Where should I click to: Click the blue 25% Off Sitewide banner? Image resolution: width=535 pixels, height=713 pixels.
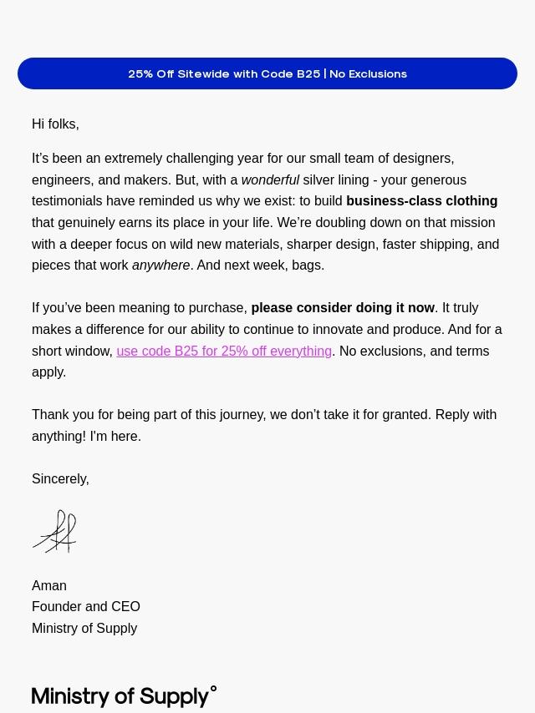(x=267, y=73)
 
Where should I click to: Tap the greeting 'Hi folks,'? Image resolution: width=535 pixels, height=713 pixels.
(x=55, y=124)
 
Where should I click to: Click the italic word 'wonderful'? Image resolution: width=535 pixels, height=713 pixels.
(x=270, y=180)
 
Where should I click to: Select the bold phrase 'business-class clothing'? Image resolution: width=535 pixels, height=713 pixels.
(x=421, y=201)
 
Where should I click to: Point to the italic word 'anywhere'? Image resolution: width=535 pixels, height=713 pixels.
(x=160, y=265)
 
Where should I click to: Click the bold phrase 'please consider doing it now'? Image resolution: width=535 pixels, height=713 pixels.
(x=343, y=308)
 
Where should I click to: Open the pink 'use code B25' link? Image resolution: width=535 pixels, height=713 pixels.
(x=224, y=351)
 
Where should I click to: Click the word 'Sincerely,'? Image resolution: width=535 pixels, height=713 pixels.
(x=60, y=478)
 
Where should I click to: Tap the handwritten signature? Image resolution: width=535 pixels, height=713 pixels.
(x=55, y=532)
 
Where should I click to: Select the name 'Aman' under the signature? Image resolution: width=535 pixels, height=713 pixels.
(x=49, y=585)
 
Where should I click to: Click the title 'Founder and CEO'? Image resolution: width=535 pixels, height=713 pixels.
(x=86, y=606)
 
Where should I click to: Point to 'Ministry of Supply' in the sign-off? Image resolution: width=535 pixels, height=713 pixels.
(x=84, y=628)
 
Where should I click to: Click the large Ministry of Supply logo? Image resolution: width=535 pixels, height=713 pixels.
(x=120, y=696)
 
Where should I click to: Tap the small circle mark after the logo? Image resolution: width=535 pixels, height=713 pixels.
(x=213, y=690)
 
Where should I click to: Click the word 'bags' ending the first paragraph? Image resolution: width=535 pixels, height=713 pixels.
(x=307, y=265)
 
